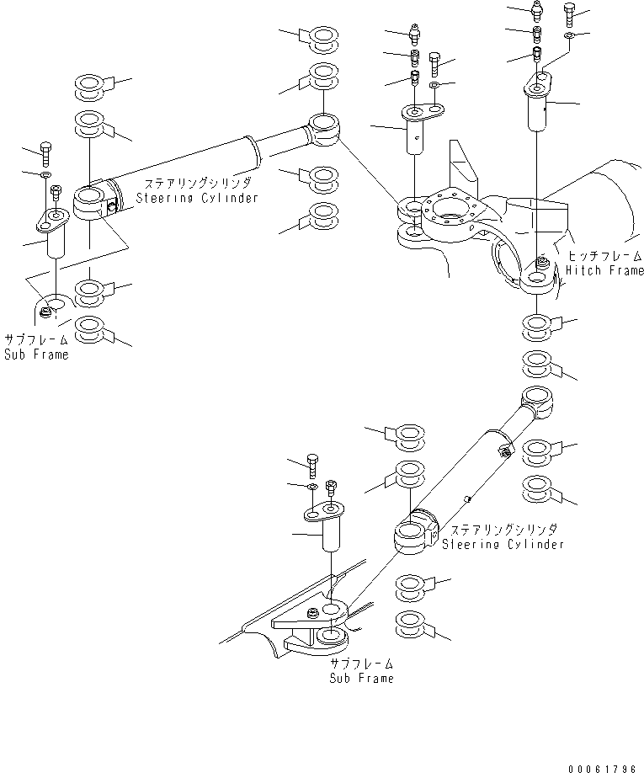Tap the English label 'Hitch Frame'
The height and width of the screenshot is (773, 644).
(x=604, y=270)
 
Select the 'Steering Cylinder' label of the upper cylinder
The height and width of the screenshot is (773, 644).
(x=197, y=198)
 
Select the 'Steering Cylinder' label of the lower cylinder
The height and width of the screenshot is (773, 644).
(x=503, y=544)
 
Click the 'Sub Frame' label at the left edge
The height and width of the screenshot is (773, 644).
(x=36, y=354)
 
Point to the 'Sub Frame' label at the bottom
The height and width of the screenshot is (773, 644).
(x=362, y=678)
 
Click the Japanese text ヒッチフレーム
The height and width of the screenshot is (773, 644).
(x=605, y=256)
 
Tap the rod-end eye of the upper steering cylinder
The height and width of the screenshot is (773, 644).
(x=323, y=129)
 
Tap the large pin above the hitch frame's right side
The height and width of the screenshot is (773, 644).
(x=539, y=101)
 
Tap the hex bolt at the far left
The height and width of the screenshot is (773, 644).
(x=45, y=154)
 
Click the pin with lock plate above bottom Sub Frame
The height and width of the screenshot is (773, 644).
(x=324, y=526)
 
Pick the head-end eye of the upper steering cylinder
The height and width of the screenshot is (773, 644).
(x=90, y=202)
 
